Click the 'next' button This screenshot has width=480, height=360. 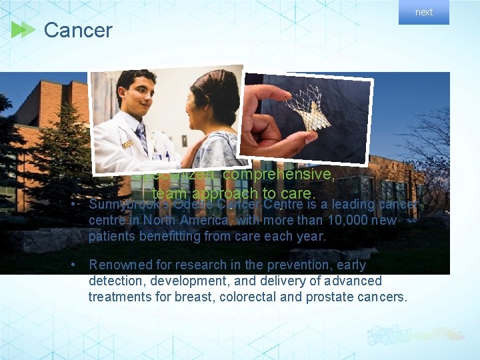(x=424, y=12)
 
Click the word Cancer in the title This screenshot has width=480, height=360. (x=78, y=30)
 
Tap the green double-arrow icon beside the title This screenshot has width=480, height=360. (x=23, y=30)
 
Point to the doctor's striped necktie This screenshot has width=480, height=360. (x=141, y=136)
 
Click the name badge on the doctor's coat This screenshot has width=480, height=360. (x=127, y=143)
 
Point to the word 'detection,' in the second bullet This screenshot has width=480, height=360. (x=117, y=281)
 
